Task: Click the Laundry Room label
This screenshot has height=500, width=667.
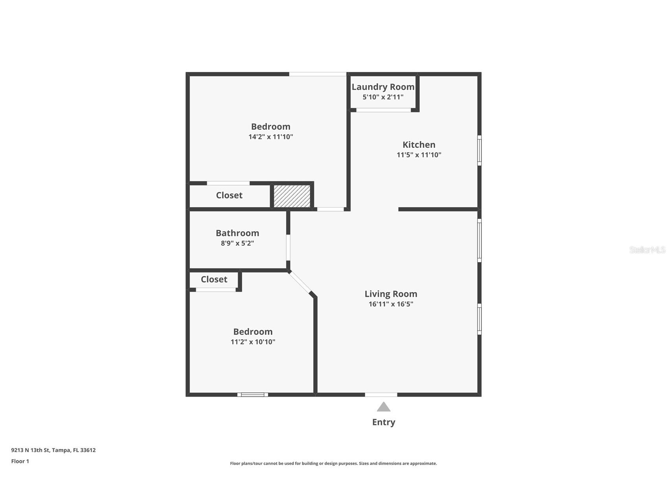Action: [383, 87]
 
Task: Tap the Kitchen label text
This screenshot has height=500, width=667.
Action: [419, 145]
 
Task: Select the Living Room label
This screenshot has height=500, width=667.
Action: [391, 294]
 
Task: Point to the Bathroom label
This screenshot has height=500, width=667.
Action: [237, 233]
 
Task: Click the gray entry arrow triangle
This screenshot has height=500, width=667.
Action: [384, 407]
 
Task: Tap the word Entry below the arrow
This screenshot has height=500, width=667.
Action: [384, 422]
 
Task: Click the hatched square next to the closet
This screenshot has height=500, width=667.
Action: [292, 196]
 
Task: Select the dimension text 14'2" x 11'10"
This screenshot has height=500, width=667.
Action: [271, 137]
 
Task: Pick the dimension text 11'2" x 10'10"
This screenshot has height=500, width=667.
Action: [253, 342]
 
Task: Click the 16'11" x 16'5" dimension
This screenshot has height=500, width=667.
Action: [391, 304]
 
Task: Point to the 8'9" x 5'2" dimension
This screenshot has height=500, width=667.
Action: [237, 243]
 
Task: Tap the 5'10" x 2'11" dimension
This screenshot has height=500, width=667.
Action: [383, 97]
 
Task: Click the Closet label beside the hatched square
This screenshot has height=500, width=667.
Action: [229, 195]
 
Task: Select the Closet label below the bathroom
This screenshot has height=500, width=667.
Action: [214, 279]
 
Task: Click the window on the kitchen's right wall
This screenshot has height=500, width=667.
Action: [480, 150]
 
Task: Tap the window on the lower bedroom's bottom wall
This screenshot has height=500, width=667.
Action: [253, 395]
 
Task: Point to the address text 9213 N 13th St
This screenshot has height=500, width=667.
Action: [31, 450]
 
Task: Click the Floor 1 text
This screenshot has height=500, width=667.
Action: [20, 461]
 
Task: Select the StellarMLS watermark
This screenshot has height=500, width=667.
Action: [647, 250]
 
